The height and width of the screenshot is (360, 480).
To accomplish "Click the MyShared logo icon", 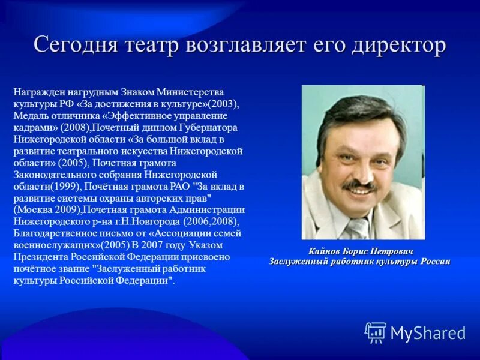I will pos(376,332).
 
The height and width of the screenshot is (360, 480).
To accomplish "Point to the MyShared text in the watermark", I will pos(428,332).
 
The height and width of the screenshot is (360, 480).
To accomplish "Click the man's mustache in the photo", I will pos(359,187).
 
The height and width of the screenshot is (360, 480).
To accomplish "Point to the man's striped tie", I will pos(359,229).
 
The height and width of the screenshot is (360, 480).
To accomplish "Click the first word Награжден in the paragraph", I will pos(35,92).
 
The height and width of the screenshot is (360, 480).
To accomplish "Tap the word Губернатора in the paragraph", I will pos(211,127).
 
